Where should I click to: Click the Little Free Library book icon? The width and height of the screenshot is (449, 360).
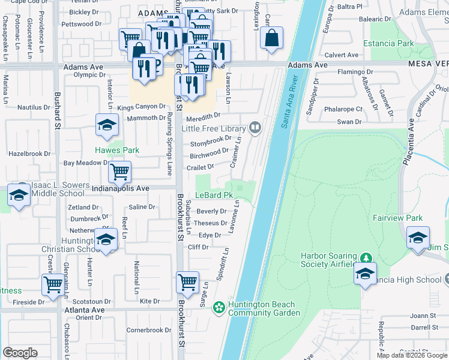(255, 127)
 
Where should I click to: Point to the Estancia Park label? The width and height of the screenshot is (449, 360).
(388, 43)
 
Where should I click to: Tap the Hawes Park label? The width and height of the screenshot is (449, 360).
(116, 150)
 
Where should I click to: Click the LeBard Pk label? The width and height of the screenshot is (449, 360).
(213, 195)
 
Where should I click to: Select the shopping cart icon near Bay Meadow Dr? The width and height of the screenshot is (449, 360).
(120, 172)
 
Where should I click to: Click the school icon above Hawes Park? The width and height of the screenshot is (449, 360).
(107, 125)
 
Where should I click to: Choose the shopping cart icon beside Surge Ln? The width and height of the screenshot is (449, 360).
(187, 281)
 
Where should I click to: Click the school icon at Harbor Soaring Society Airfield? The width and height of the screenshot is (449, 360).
(364, 274)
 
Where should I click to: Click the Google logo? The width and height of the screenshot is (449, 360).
(20, 353)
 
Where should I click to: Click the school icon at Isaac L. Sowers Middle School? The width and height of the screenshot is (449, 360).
(19, 196)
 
